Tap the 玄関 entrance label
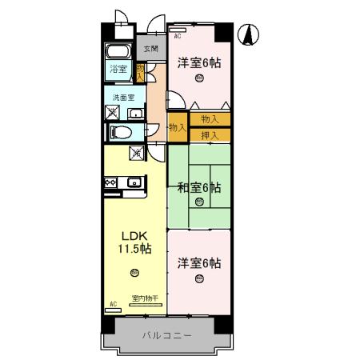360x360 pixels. (x=150, y=48)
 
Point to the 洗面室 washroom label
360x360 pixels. (x=122, y=98)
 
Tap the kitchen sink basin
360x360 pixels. (x=133, y=184)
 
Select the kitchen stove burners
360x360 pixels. (x=110, y=183)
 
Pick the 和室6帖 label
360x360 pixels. (x=198, y=188)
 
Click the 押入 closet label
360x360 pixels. (x=210, y=134)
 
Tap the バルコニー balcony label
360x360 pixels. (x=166, y=335)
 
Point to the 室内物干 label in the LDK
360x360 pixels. (x=145, y=298)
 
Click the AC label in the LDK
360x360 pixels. (x=113, y=304)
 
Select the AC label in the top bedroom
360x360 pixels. (x=178, y=37)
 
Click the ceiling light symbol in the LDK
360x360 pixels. (x=134, y=273)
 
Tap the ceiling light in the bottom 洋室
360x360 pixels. (x=199, y=278)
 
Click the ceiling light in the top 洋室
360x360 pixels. (x=199, y=78)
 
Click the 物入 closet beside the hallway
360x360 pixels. (x=178, y=126)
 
